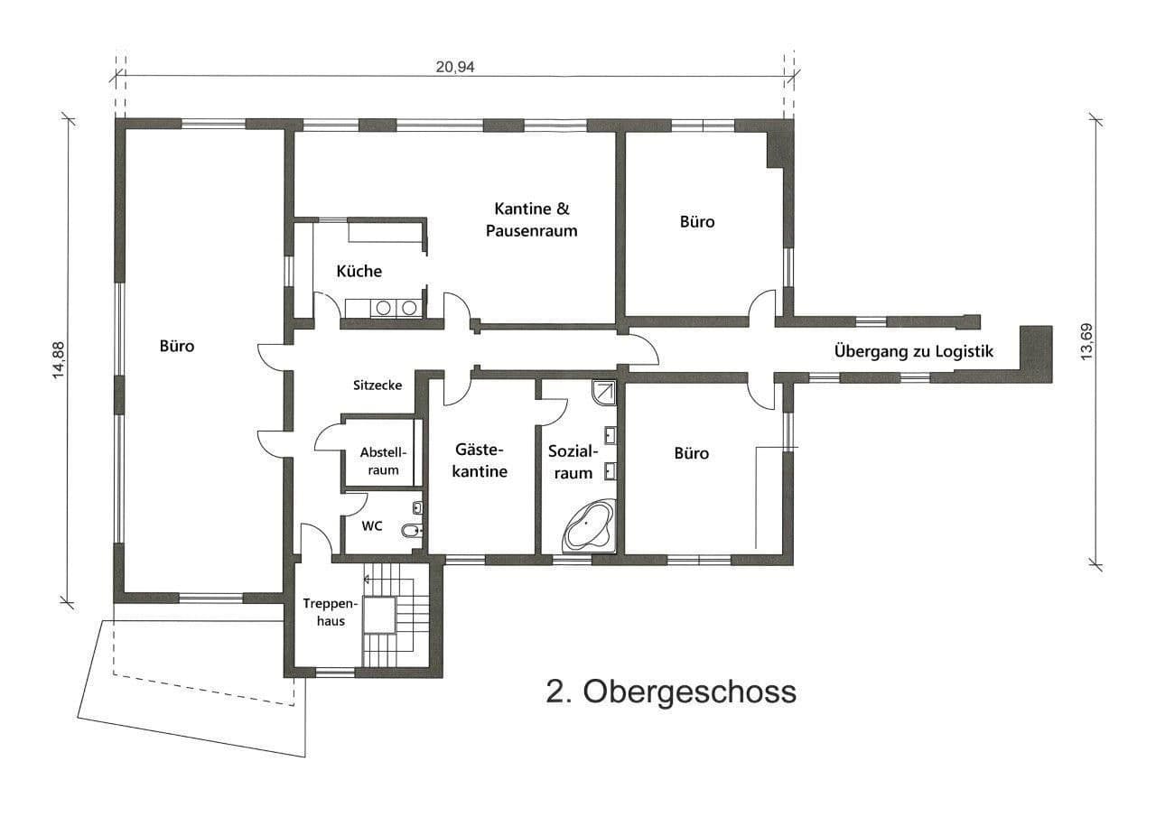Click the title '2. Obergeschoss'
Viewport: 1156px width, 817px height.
pyautogui.click(x=671, y=692)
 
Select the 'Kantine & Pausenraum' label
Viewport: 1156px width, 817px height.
pyautogui.click(x=531, y=219)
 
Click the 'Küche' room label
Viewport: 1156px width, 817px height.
pyautogui.click(x=359, y=271)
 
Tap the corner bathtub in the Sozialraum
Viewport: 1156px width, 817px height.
pyautogui.click(x=589, y=527)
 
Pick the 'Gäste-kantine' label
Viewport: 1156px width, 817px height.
pyautogui.click(x=480, y=460)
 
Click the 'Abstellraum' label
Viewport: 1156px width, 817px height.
pyautogui.click(x=383, y=460)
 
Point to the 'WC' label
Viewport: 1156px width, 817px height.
pyautogui.click(x=371, y=525)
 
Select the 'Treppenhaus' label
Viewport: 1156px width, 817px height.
pyautogui.click(x=323, y=611)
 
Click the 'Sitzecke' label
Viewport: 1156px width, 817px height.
pyautogui.click(x=377, y=385)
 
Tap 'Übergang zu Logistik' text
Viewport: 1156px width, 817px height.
pyautogui.click(x=913, y=351)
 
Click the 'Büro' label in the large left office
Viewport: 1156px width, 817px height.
pyautogui.click(x=177, y=346)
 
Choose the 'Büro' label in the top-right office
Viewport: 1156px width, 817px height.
pyautogui.click(x=696, y=221)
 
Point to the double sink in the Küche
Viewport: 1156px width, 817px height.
pyautogui.click(x=396, y=308)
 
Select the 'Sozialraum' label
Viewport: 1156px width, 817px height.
pyautogui.click(x=571, y=461)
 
